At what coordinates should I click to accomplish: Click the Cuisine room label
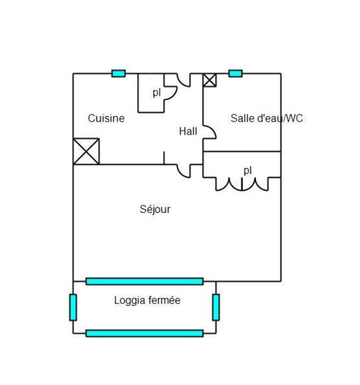106,118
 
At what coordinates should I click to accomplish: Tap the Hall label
188,131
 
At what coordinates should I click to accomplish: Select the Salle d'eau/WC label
267,118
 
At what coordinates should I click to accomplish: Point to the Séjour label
155,209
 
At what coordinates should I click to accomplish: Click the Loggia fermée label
147,300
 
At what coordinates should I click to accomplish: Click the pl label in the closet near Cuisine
157,93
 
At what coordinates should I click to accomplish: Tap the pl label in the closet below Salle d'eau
247,170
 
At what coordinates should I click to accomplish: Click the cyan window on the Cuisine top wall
118,74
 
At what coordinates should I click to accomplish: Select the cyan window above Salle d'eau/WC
235,74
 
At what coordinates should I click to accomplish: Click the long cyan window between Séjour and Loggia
144,281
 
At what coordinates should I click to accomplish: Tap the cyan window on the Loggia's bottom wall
144,333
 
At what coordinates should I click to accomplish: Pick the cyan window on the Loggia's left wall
73,307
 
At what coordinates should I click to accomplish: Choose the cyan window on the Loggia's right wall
216,307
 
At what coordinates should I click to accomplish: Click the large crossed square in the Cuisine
86,152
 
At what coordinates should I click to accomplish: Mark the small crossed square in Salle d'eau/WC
210,80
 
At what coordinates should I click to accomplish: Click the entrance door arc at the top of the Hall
183,80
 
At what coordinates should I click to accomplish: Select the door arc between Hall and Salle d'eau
209,132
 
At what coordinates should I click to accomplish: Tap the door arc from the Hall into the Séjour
183,171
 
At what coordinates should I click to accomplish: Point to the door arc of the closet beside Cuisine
170,93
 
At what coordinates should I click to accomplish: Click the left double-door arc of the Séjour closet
229,184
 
